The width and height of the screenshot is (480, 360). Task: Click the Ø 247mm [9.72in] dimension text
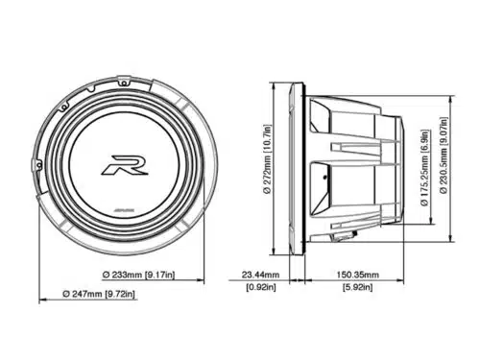[99, 293]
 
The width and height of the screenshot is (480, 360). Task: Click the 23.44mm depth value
[260, 274]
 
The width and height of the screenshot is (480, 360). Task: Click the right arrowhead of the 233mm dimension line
[196, 279]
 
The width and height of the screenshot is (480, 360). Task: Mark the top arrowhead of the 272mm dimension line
[278, 84]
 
